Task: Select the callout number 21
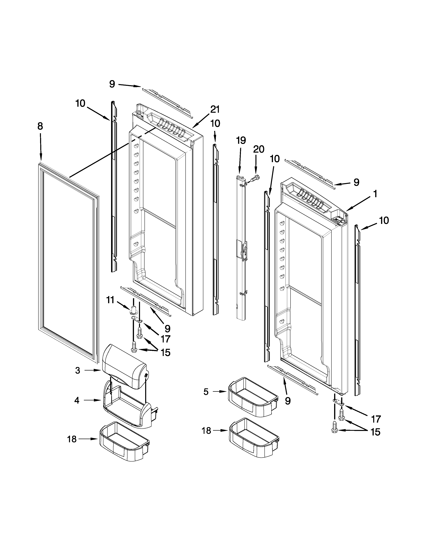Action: (x=215, y=110)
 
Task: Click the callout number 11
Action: (x=110, y=300)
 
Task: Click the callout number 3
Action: (x=78, y=370)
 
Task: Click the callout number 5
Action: (x=206, y=392)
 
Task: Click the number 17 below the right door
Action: (x=376, y=419)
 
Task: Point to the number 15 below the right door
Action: (x=376, y=432)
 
